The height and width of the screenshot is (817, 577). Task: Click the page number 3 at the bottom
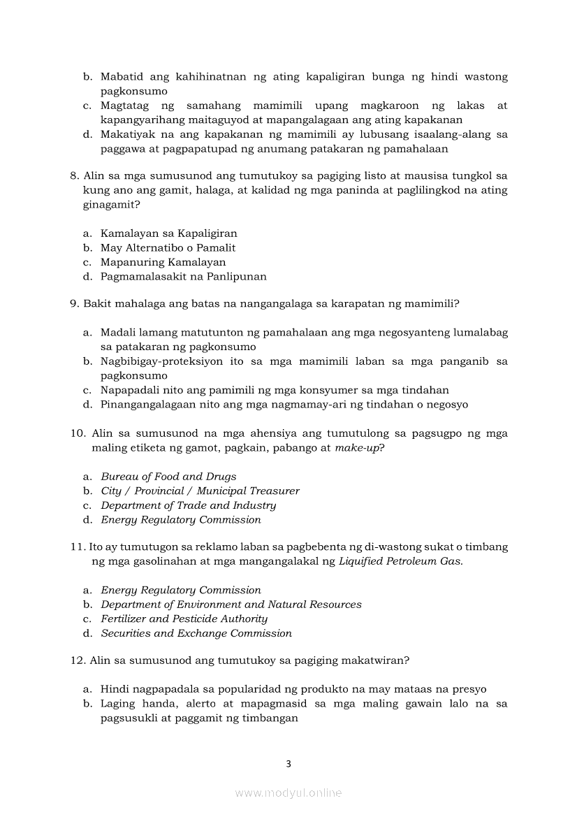288,764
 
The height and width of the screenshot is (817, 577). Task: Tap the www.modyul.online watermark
288,793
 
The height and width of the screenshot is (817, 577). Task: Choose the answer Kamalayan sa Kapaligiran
168,233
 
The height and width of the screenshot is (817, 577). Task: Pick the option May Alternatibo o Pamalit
168,247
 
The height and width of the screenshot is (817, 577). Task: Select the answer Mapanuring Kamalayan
163,262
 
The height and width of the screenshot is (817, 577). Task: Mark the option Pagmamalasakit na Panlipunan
183,276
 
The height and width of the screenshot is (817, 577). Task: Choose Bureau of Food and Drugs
168,477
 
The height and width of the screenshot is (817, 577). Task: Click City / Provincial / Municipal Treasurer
200,491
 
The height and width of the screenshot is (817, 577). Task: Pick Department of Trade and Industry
188,505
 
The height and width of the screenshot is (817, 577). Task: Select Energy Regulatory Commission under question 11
181,591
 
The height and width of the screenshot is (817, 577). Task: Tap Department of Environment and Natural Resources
231,605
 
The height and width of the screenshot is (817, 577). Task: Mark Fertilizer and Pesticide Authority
184,619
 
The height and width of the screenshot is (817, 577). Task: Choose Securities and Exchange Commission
196,633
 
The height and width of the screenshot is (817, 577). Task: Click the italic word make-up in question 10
356,448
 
